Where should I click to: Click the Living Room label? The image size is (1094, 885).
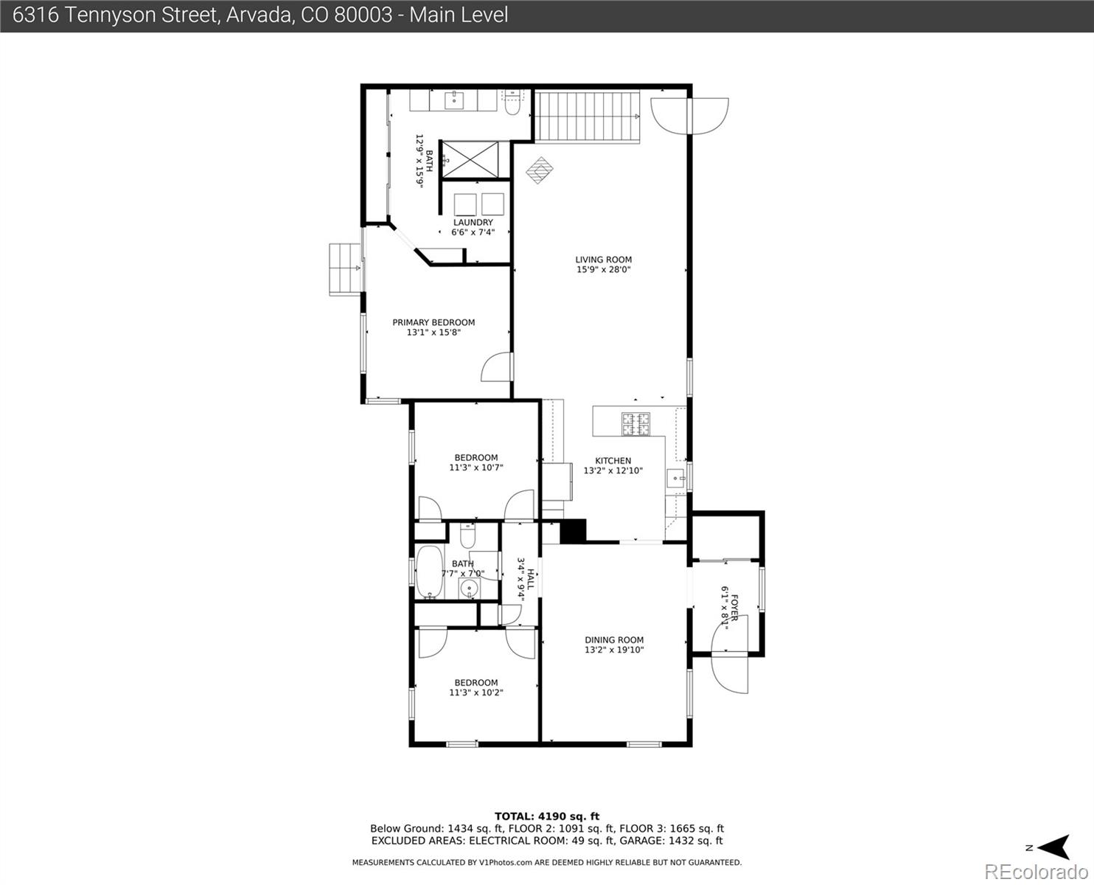(603, 260)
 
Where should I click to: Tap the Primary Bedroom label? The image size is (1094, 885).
(433, 322)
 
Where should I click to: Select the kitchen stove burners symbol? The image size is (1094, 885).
(635, 423)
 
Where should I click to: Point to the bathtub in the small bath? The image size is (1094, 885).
(428, 572)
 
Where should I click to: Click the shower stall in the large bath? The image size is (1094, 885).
(475, 159)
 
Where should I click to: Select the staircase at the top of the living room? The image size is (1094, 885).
(588, 116)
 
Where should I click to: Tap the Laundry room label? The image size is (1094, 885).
(473, 223)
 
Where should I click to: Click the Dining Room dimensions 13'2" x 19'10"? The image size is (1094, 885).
(614, 650)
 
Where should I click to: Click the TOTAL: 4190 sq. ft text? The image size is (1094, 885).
(546, 816)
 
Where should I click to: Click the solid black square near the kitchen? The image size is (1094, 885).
(573, 532)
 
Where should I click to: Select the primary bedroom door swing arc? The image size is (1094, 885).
(495, 367)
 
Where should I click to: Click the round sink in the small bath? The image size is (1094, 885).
(469, 589)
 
